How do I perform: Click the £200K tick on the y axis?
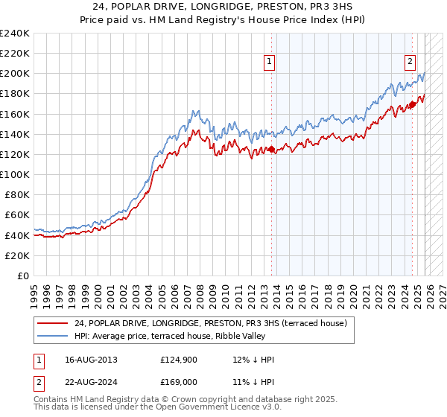(15, 74)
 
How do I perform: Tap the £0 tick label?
(24, 276)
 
